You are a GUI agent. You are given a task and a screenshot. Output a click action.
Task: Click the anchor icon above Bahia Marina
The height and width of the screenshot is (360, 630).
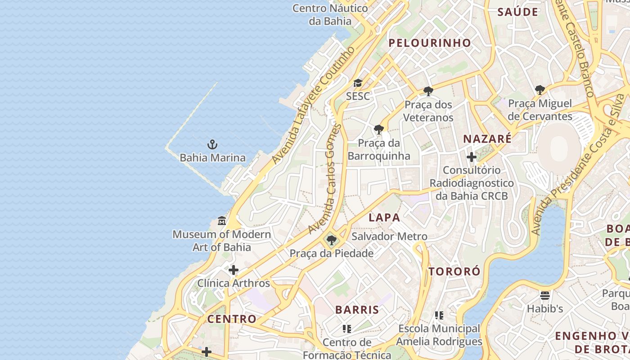tap(212, 144)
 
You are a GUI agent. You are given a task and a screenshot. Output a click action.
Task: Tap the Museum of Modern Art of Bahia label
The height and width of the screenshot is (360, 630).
tap(222, 241)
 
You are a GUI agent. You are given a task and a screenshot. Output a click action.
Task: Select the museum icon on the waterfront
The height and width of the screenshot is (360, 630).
tap(222, 221)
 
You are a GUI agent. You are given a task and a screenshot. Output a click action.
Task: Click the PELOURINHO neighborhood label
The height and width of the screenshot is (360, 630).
tap(430, 43)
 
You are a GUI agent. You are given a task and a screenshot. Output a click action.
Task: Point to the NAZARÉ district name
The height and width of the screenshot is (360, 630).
tap(487, 139)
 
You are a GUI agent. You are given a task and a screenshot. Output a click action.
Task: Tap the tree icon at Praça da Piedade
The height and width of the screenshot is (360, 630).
tap(332, 240)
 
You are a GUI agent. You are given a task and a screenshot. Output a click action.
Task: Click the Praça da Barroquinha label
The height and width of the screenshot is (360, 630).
tap(379, 149)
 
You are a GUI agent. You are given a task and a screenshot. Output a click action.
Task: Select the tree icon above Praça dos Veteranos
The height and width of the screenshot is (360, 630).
tap(428, 91)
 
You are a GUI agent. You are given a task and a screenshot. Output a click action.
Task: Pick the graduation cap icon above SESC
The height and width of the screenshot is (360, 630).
tap(358, 83)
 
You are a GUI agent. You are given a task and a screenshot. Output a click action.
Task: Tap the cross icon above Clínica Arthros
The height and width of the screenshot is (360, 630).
tap(234, 270)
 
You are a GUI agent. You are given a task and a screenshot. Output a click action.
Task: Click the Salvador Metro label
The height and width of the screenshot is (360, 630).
tap(390, 236)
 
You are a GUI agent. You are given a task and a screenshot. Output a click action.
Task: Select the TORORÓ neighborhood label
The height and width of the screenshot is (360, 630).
tap(454, 271)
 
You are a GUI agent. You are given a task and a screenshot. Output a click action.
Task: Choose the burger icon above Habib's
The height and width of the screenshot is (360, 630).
tap(545, 296)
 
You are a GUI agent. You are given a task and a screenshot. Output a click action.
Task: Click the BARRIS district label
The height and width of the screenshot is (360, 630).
tap(357, 310)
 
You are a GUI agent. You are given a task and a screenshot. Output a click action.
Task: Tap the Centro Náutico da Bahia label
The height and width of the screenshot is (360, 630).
tap(330, 14)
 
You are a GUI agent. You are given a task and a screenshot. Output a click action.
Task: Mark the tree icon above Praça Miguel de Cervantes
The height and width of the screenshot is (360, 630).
tap(540, 90)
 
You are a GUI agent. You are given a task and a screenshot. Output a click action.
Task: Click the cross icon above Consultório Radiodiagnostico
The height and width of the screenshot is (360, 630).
tap(471, 157)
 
